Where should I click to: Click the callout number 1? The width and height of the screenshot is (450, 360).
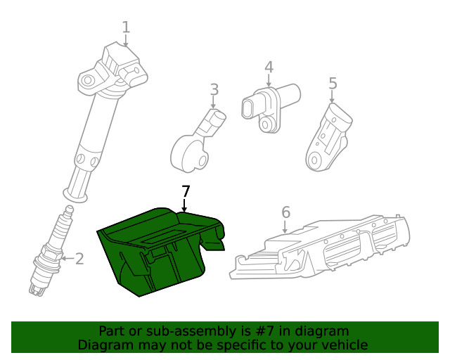pyautogui.click(x=126, y=27)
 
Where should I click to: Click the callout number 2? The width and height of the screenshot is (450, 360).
pyautogui.click(x=79, y=259)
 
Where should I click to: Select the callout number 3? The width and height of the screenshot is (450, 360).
pyautogui.click(x=214, y=90)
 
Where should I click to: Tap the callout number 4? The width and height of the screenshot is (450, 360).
pyautogui.click(x=269, y=67)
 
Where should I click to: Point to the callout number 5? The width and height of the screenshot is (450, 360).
pyautogui.click(x=333, y=84)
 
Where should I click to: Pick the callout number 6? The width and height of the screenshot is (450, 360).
pyautogui.click(x=285, y=212)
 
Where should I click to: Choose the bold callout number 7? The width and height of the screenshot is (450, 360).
pyautogui.click(x=186, y=191)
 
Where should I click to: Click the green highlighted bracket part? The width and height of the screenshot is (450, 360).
pyautogui.click(x=158, y=250)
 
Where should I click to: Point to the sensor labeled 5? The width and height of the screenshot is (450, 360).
pyautogui.click(x=327, y=137)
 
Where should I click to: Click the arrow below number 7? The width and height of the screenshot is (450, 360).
pyautogui.click(x=184, y=206)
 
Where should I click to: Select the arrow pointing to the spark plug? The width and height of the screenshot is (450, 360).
pyautogui.click(x=65, y=259)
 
